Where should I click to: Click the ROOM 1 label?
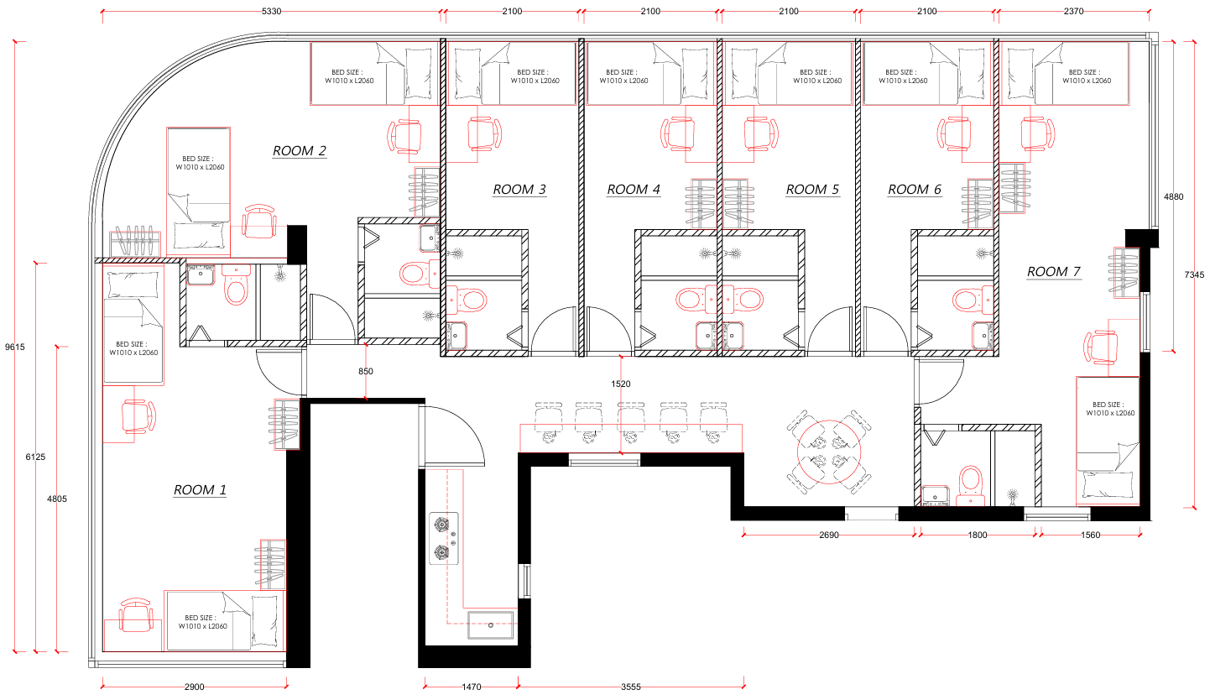tap(200, 490)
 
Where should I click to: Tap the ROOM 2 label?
tap(300, 151)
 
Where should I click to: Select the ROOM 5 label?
tap(812, 190)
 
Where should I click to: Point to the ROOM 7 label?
tap(1053, 272)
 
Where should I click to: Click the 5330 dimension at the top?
tap(271, 12)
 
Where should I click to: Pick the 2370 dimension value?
tap(1073, 12)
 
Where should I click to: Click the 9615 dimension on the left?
tap(14, 347)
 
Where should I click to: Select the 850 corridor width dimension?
tap(366, 371)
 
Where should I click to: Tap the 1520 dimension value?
tap(621, 384)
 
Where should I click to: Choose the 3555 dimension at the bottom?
tap(630, 687)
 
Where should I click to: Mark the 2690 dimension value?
tap(829, 535)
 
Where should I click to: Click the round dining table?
tap(829, 452)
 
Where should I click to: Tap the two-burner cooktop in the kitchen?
tap(444, 539)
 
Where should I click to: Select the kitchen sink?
tap(491, 625)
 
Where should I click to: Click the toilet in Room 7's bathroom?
tap(971, 484)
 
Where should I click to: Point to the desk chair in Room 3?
tap(484, 133)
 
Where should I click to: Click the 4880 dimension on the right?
tap(1173, 197)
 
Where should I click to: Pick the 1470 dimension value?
tap(471, 687)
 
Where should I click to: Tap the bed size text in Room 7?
tap(1110, 409)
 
